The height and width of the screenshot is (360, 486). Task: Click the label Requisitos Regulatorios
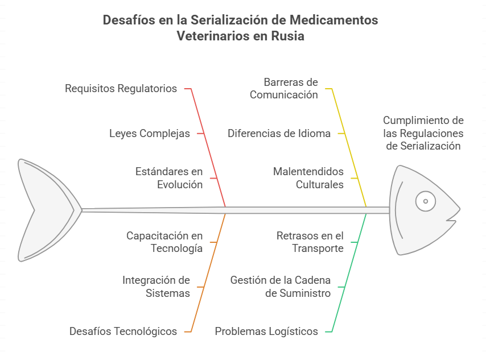[121, 89]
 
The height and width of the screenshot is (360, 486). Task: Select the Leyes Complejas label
[150, 134]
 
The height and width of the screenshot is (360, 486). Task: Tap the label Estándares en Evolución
[169, 178]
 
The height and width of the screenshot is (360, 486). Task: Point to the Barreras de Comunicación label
[284, 88]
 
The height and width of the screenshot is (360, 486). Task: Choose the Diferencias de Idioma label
[279, 134]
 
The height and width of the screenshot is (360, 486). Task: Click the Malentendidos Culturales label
[308, 178]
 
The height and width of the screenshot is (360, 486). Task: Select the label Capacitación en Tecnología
[164, 242]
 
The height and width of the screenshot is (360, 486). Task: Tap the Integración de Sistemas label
[156, 287]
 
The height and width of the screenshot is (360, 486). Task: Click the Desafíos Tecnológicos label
[123, 331]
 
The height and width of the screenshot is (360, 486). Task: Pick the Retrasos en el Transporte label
[310, 242]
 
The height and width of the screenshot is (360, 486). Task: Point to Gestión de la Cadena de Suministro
[281, 287]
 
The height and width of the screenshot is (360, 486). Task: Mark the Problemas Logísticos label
[266, 331]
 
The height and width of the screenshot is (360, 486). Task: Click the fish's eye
[426, 201]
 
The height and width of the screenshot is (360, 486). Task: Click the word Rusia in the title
[287, 36]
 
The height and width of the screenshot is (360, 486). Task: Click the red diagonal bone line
[208, 148]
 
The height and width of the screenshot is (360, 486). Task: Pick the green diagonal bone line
[349, 273]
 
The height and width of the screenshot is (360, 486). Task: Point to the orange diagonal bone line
[208, 273]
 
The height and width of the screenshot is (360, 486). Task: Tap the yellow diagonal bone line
[349, 148]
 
